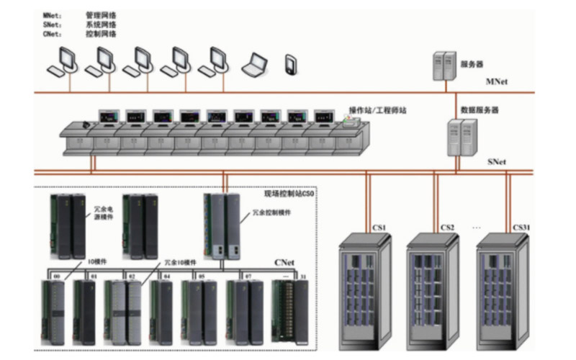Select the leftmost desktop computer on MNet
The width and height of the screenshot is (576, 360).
point(63,61)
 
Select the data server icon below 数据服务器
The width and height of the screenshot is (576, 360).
point(462,137)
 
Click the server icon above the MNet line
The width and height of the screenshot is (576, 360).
point(445,66)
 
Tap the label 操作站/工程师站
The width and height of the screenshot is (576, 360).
point(377,110)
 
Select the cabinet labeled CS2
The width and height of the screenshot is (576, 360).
point(436,288)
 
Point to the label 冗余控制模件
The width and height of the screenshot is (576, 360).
point(272,213)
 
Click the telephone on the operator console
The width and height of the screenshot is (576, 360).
point(89,124)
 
